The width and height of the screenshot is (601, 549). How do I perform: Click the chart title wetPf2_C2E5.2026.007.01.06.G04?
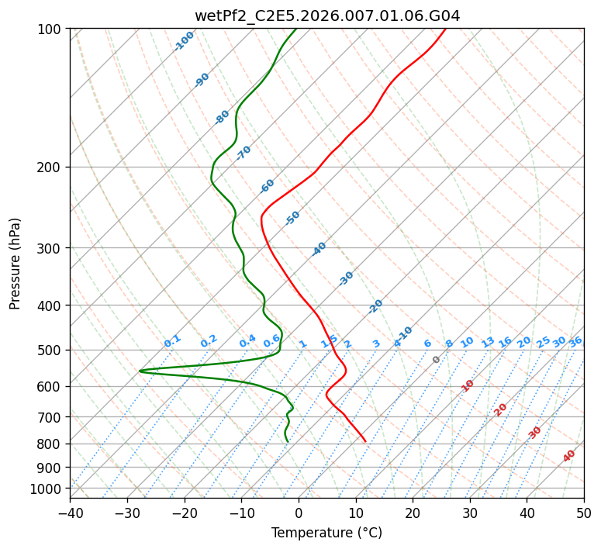point(327,16)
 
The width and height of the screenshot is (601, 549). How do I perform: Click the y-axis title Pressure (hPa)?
point(15,264)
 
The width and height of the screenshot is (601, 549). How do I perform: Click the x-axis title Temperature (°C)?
point(327,533)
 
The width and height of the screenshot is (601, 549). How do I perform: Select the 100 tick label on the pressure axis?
point(50,29)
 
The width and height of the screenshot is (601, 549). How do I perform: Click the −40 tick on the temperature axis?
point(70,513)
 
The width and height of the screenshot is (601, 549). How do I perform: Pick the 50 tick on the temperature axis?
point(584,513)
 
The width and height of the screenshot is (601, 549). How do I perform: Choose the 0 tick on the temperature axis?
point(299,513)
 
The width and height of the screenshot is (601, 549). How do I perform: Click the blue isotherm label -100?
point(184,41)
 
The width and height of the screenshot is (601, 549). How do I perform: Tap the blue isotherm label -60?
point(267,186)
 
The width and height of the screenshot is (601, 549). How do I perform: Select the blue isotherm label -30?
point(346,278)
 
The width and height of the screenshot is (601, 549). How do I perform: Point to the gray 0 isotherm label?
point(436,360)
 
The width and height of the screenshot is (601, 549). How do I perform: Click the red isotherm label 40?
point(568,456)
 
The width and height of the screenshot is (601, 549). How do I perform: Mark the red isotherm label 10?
point(468,385)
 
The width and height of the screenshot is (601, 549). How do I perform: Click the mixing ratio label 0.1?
point(172,341)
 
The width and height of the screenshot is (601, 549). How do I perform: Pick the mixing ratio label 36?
point(575,343)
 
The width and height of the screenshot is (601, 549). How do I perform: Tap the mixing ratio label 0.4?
point(247,341)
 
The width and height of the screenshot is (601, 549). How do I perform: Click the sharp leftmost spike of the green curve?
point(140,371)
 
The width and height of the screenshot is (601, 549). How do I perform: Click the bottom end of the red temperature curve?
point(366,442)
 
